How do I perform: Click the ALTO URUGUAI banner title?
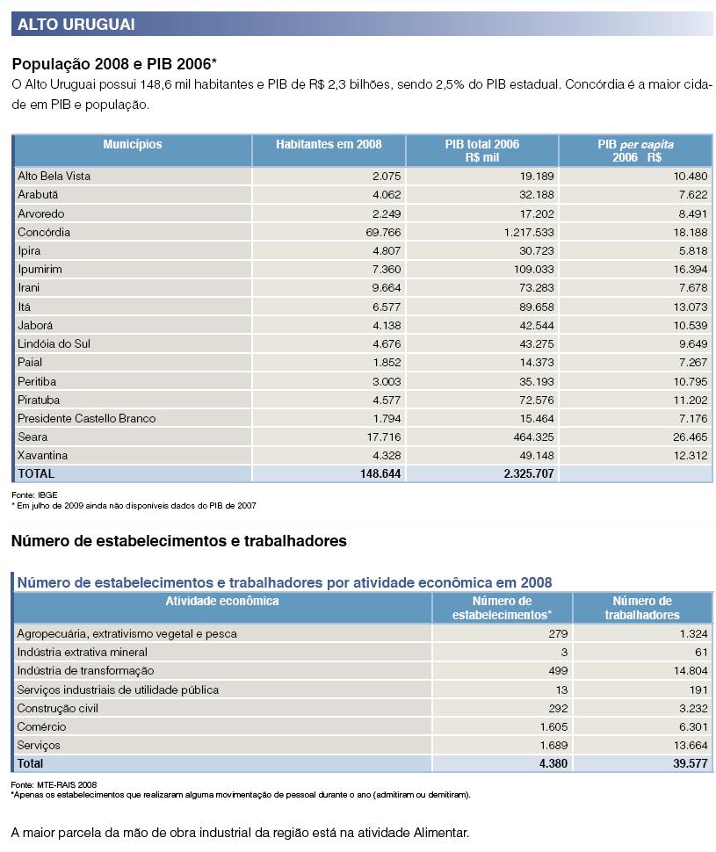click(76, 24)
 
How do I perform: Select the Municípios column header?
click(133, 145)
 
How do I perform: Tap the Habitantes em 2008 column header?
click(329, 145)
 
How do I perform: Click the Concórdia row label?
click(44, 233)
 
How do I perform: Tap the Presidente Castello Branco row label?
click(86, 418)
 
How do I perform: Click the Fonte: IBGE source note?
click(34, 495)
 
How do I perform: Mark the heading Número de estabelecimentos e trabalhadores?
click(179, 541)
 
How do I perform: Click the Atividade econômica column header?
click(222, 602)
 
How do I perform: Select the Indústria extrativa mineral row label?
click(82, 653)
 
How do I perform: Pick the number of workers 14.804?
click(686, 671)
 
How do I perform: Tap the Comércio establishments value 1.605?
click(553, 726)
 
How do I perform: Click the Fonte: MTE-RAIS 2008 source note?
click(54, 784)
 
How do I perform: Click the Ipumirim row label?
click(40, 270)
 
